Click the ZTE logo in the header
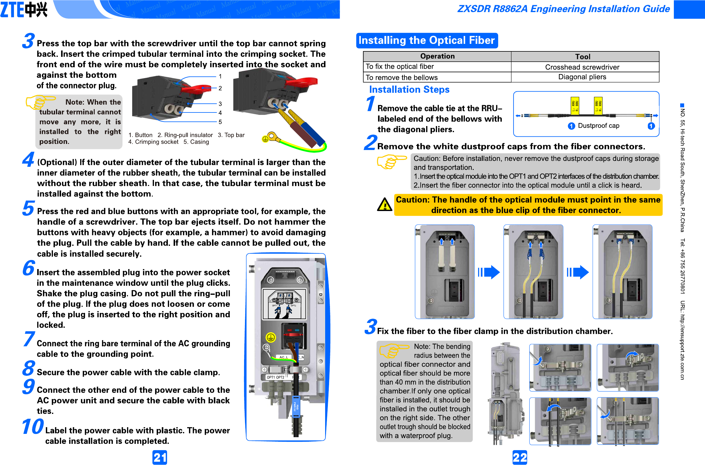(x=24, y=9)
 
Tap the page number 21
(x=160, y=457)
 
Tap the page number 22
(x=520, y=457)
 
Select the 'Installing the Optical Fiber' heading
(x=426, y=41)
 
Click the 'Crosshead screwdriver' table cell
(x=582, y=67)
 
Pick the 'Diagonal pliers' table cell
(x=582, y=77)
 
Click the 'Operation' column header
(x=437, y=57)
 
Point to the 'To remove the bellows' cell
(x=401, y=78)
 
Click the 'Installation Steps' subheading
(x=409, y=90)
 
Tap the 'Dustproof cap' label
(x=598, y=126)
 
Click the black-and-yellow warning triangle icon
(x=384, y=205)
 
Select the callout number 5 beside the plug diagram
(x=220, y=122)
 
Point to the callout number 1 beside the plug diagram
(x=220, y=76)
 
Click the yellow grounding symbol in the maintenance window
(x=270, y=337)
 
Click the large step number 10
(x=33, y=427)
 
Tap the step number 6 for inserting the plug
(x=29, y=268)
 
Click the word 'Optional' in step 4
(x=57, y=163)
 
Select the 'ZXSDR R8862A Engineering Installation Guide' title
(x=563, y=9)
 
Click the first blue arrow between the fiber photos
(x=489, y=272)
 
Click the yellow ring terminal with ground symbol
(x=269, y=138)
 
